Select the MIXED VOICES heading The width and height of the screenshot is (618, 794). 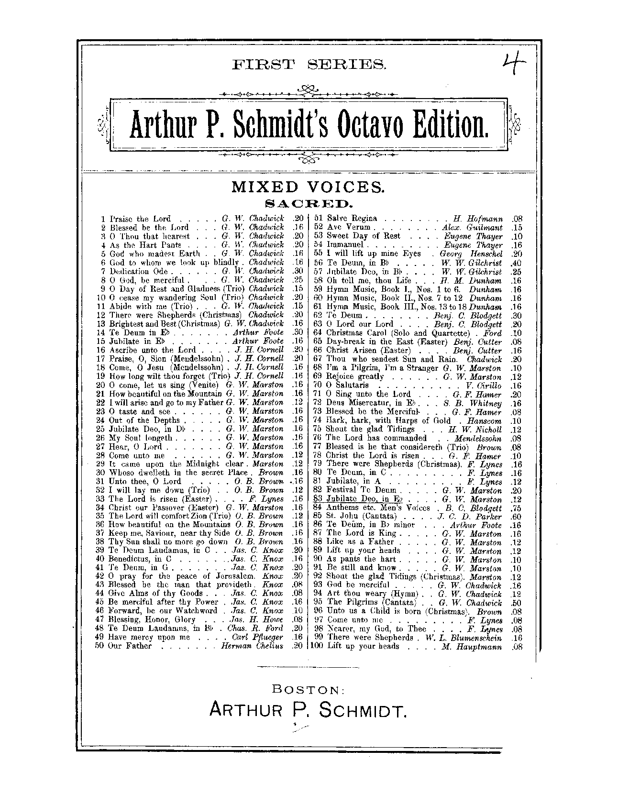click(x=309, y=187)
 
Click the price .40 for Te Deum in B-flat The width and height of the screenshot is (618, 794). click(x=516, y=263)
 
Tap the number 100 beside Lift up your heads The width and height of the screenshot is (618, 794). click(x=317, y=646)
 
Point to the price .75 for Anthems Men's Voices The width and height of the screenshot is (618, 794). click(x=516, y=508)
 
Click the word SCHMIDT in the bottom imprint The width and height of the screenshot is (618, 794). click(x=363, y=711)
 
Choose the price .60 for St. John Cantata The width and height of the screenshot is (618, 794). click(x=516, y=517)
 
